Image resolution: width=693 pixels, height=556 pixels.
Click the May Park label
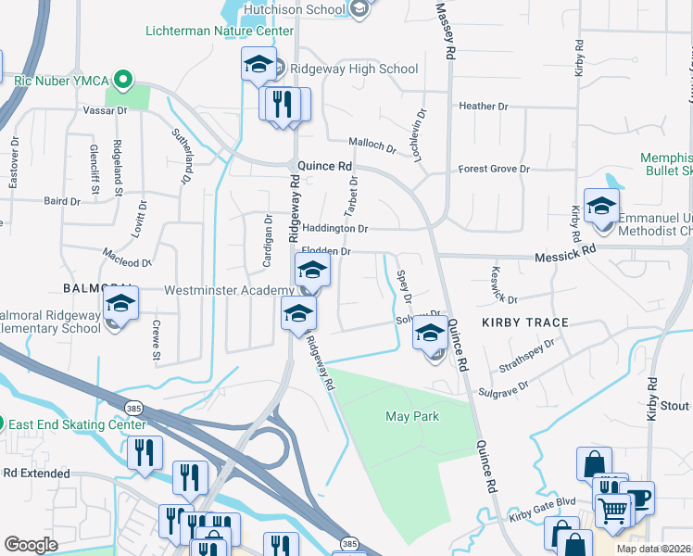pos(412,417)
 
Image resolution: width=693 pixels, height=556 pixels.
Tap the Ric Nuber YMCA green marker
pos(120,80)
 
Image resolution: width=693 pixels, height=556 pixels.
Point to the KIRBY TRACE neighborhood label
pos(524,322)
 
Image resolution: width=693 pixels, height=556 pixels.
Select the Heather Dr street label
pos(484,107)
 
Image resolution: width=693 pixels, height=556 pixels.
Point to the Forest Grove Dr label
pos(494,170)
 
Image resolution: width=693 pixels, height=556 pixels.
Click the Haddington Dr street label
pos(335,229)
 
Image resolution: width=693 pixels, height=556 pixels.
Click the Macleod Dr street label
pos(126,262)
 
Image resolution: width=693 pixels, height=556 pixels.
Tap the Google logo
pos(31,545)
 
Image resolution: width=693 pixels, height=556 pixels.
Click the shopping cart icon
pos(612,508)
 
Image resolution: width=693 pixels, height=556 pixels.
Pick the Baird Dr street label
pos(62,200)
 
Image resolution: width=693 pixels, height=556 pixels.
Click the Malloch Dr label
pos(372,145)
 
